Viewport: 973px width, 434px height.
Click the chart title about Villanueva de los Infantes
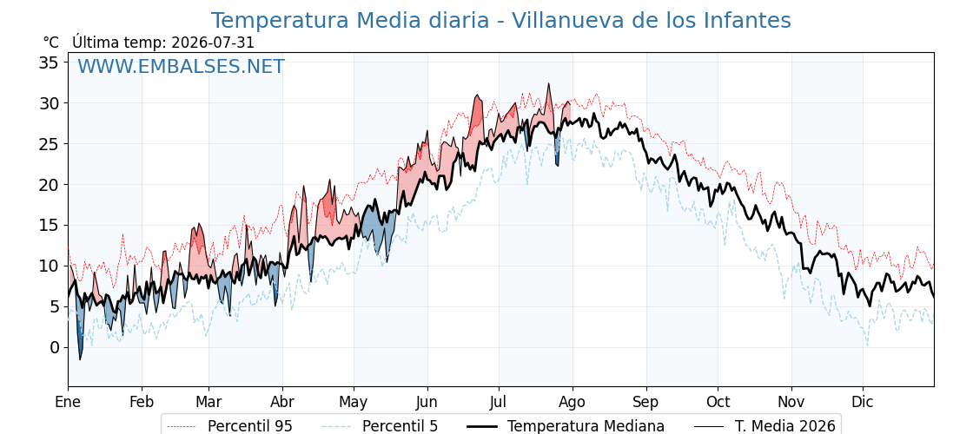(x=500, y=21)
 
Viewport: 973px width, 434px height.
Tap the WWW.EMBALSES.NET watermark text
(x=181, y=66)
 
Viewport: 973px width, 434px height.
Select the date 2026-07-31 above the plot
(x=213, y=43)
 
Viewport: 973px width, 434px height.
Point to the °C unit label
(x=51, y=43)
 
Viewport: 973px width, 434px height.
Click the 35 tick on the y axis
(x=50, y=62)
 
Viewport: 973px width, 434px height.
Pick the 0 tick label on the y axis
(x=56, y=348)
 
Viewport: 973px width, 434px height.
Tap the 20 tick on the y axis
(x=50, y=185)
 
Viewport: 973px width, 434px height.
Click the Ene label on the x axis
(x=68, y=402)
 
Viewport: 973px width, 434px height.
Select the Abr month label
(x=282, y=402)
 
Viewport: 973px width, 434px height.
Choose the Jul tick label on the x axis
(x=499, y=402)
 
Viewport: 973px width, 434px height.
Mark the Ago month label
(x=573, y=403)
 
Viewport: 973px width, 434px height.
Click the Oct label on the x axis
(x=718, y=402)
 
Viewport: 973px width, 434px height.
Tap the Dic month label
(x=863, y=402)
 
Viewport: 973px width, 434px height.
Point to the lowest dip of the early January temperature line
(x=80, y=359)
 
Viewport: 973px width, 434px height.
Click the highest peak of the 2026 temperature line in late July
(x=548, y=83)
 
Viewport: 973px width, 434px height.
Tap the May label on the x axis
(x=354, y=403)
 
